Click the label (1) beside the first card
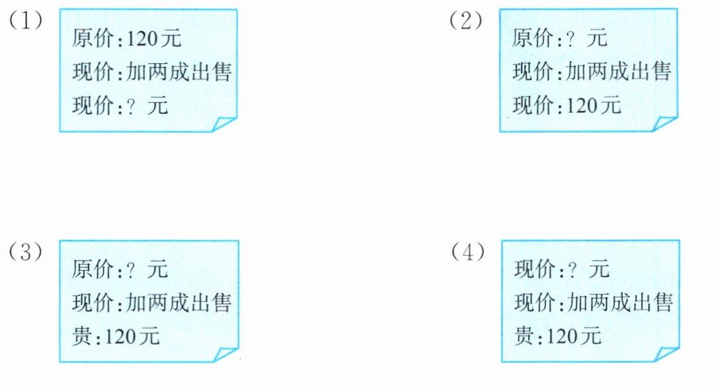[x=25, y=21]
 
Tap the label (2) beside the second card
[x=465, y=21]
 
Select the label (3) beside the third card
[x=25, y=253]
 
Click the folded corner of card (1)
[x=224, y=123]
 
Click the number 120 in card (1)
[x=145, y=39]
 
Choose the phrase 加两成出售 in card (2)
[x=619, y=72]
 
